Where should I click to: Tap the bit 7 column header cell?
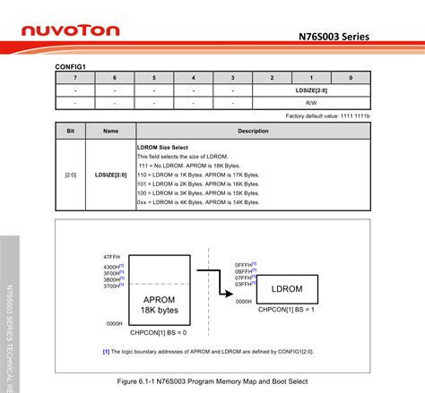75,78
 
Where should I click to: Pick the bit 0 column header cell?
350,78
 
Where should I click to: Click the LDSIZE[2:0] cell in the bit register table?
311,90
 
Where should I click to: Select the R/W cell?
311,103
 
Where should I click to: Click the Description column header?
253,131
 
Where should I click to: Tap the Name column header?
110,131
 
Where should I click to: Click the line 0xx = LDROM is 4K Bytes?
202,203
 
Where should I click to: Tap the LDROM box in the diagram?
288,289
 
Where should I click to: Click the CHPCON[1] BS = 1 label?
288,310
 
